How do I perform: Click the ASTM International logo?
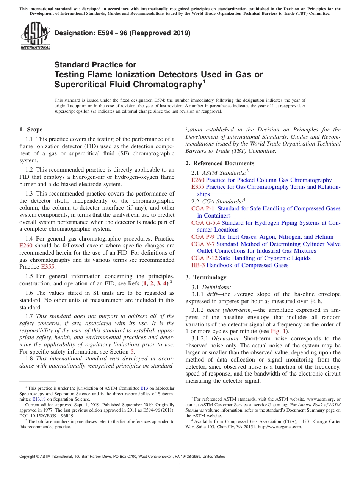click(35, 36)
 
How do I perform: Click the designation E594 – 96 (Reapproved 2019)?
click(122, 33)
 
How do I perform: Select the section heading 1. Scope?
click(31, 130)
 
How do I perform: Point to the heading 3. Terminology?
click(206, 277)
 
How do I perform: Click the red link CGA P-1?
click(203, 208)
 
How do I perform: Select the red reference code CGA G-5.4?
click(206, 223)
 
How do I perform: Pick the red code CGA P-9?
click(203, 237)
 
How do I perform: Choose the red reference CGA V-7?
click(203, 244)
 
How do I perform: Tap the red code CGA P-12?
click(204, 258)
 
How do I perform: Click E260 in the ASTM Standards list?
click(198, 180)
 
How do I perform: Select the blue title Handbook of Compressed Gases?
click(247, 265)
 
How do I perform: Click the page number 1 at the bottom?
click(180, 466)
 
